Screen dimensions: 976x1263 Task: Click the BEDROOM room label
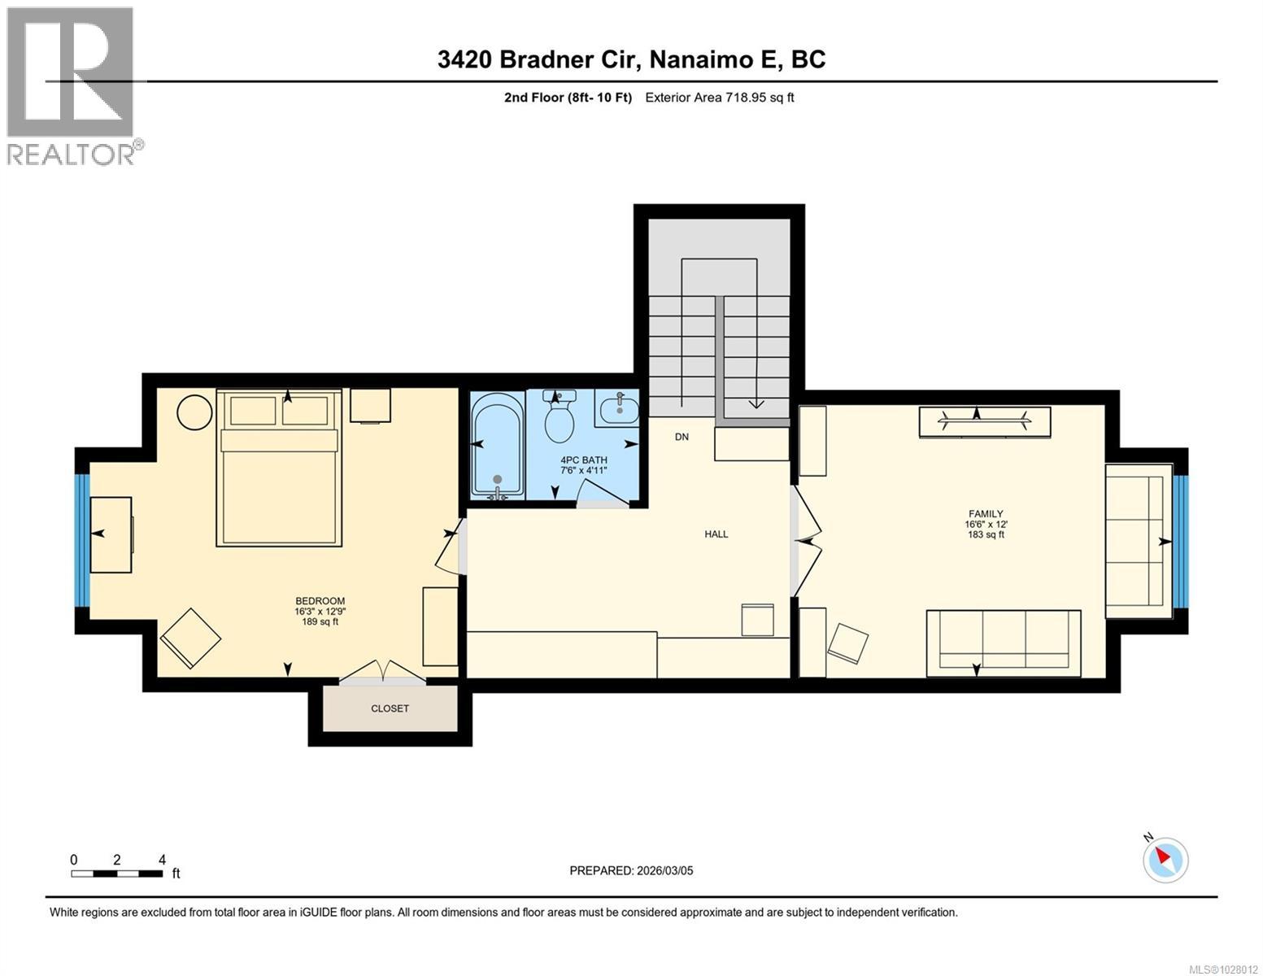(x=320, y=602)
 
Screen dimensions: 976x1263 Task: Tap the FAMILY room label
(x=984, y=514)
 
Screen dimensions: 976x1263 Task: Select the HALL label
(x=716, y=534)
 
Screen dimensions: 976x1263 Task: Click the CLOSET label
(x=390, y=708)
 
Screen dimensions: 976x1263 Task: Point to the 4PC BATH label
(x=583, y=460)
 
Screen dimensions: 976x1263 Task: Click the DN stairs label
(x=682, y=437)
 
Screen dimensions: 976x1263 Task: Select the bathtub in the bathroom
(x=497, y=447)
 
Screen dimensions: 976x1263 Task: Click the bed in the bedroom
(x=279, y=468)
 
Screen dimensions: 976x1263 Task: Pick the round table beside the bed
(x=196, y=412)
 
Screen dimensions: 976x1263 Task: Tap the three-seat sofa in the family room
(x=1004, y=643)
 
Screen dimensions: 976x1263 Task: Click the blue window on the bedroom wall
(x=82, y=540)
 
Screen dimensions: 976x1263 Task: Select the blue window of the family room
(x=1180, y=540)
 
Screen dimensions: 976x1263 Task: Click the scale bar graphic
(x=116, y=874)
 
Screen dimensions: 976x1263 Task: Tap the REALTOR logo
(x=73, y=85)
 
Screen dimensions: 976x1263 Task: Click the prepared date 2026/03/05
(x=631, y=870)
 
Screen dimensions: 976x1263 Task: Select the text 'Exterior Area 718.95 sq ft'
(x=719, y=98)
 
